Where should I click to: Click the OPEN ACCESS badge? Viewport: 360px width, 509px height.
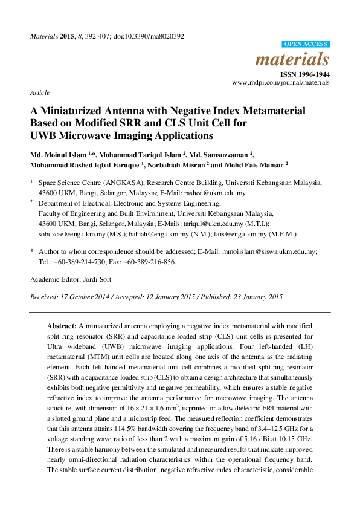click(x=306, y=44)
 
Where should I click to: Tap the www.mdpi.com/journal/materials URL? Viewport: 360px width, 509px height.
click(x=281, y=82)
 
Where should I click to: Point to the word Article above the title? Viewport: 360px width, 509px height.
click(x=39, y=92)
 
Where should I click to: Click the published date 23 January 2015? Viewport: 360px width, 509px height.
click(x=246, y=297)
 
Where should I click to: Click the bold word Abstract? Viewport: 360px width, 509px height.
click(x=62, y=325)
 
